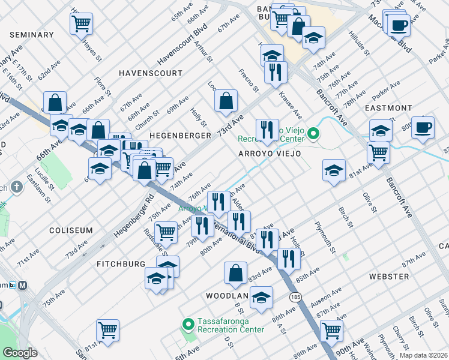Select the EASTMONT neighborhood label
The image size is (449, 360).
tap(388, 108)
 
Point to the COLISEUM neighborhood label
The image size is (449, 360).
tap(71, 230)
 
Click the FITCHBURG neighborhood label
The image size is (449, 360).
tap(121, 264)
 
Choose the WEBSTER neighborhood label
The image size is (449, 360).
tap(388, 277)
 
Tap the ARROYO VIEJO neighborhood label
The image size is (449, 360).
tap(270, 154)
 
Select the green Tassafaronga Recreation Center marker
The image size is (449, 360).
tap(188, 325)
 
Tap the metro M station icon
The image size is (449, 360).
tap(23, 285)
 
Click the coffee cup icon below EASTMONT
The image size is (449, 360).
tap(423, 127)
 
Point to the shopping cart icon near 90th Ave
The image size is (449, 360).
tap(331, 329)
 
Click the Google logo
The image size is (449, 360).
tap(20, 353)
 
